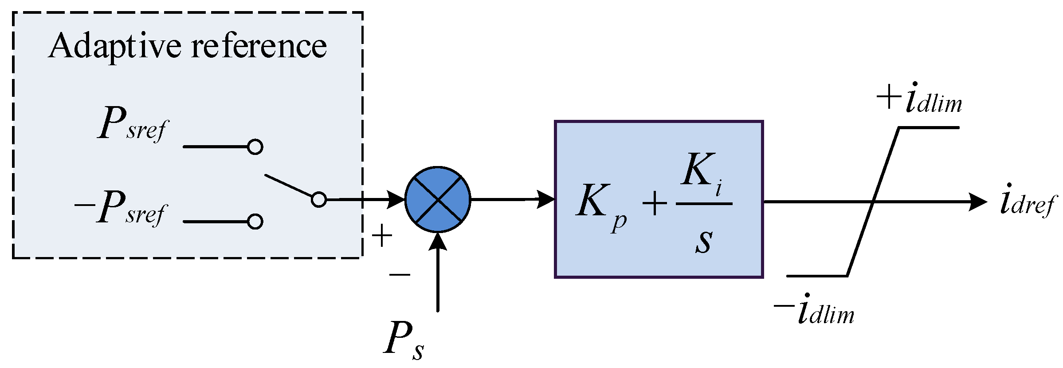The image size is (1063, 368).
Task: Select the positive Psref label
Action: (x=133, y=124)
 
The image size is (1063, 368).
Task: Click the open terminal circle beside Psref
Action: (x=255, y=146)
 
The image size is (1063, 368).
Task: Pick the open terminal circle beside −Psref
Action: (x=255, y=221)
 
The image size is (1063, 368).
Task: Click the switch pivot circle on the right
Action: (x=318, y=200)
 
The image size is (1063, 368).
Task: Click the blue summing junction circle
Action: (x=438, y=200)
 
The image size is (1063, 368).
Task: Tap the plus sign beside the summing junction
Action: (x=382, y=236)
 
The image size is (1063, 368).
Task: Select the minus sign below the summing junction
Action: (x=400, y=275)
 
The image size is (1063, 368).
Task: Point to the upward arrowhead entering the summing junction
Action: (x=438, y=241)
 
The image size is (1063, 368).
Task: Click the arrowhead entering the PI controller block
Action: (x=545, y=199)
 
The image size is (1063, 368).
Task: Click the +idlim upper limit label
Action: (x=919, y=99)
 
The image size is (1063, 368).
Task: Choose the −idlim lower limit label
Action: (x=814, y=309)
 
